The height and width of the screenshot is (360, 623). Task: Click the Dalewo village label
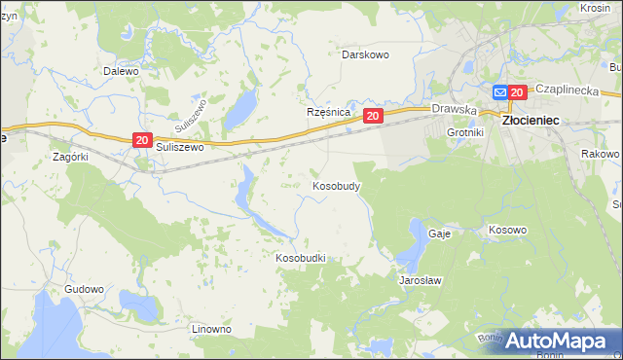coord(122,71)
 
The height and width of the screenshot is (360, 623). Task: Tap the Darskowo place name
coord(365,54)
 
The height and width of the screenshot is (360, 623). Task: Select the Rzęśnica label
coord(328,113)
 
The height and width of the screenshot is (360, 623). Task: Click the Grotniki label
coord(464,131)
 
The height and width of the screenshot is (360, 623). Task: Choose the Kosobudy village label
coord(337,185)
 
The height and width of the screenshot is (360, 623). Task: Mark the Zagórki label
coord(71,156)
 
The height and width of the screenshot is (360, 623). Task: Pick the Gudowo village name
coord(84,290)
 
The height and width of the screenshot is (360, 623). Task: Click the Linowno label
coord(211,329)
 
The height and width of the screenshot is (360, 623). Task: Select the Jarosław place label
coord(421,280)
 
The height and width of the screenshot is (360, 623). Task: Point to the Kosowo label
coord(507,231)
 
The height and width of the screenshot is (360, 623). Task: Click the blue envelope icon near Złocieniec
coord(500,92)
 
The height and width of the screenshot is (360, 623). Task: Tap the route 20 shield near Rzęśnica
coord(374,116)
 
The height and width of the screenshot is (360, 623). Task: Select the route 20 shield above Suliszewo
coord(142,141)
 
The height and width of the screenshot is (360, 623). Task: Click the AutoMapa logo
coord(555,341)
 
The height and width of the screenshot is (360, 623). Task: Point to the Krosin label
coord(594,8)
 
